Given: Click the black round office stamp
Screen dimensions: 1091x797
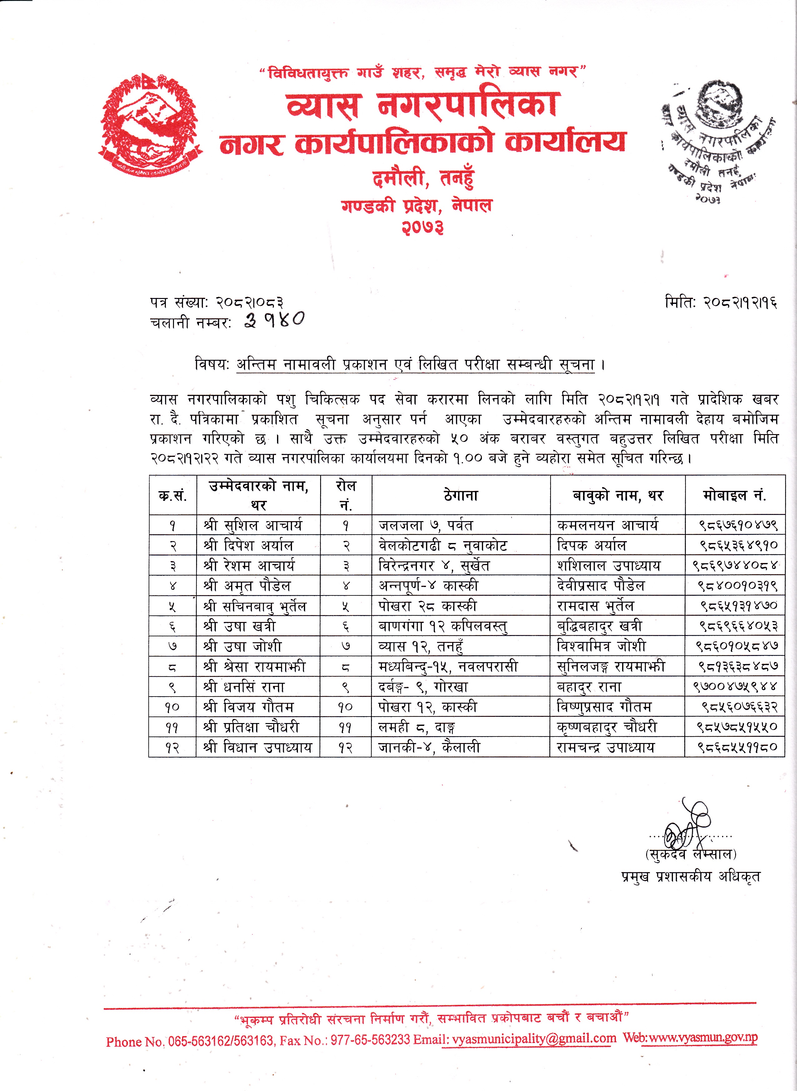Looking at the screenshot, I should point(717,140).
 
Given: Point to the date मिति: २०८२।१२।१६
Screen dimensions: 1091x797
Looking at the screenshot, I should point(721,302).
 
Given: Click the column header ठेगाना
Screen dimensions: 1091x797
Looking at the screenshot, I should point(461,495).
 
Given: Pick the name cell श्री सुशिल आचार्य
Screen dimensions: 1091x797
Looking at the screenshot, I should point(253,525).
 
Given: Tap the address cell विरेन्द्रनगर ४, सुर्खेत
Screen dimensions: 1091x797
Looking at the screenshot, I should point(434,565).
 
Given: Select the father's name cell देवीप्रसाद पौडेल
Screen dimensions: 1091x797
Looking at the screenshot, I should point(601,586).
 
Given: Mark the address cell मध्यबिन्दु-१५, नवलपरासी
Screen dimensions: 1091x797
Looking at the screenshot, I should point(448,667).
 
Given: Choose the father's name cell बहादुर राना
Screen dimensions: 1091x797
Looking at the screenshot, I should point(589,687).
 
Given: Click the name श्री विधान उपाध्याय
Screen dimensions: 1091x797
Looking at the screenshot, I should point(258,747).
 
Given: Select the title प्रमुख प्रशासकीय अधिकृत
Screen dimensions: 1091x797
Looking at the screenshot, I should point(691,876).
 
